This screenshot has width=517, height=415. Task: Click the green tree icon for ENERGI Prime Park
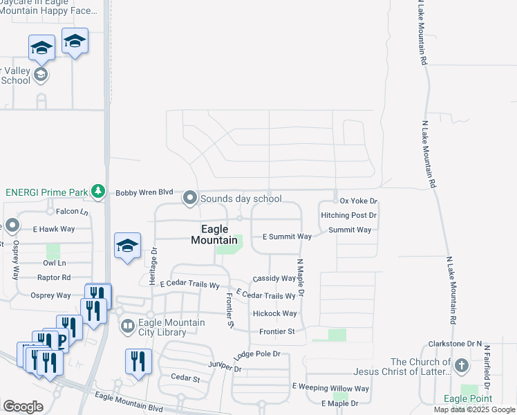click(x=99, y=191)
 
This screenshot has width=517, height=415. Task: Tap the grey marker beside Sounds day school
click(x=190, y=199)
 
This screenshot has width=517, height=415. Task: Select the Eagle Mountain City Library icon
click(x=127, y=325)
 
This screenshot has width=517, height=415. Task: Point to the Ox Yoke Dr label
click(x=359, y=201)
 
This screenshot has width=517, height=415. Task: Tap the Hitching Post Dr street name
click(x=348, y=215)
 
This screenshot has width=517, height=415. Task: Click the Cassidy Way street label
click(x=274, y=278)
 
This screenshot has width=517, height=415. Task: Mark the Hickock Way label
click(x=274, y=313)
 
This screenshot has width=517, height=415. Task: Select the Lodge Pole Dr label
click(x=257, y=354)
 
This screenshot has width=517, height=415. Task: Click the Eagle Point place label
click(x=468, y=399)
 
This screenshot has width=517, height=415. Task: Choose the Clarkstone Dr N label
click(x=454, y=343)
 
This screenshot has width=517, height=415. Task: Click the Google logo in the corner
click(x=23, y=407)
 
